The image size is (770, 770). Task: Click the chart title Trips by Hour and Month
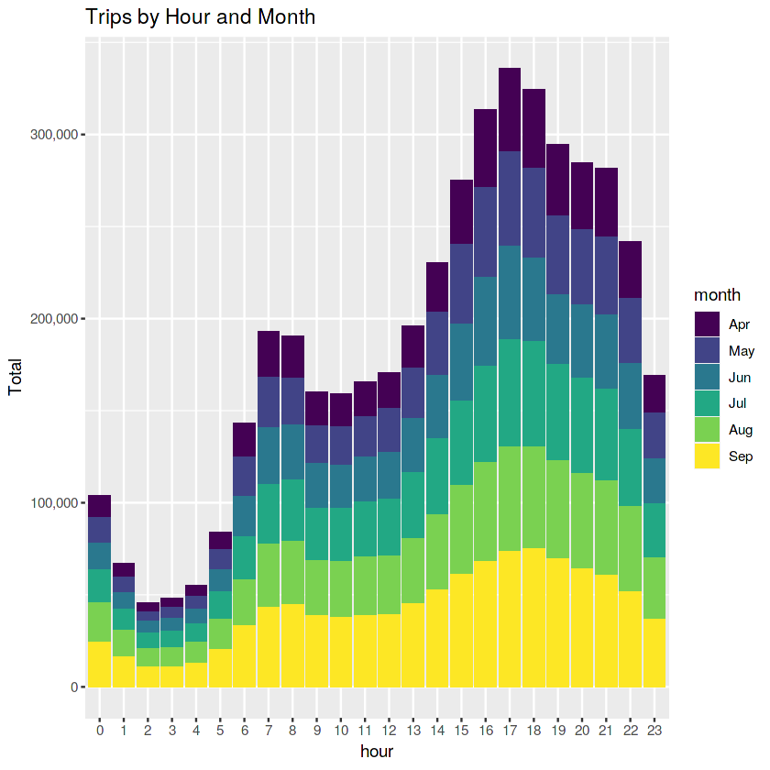(200, 16)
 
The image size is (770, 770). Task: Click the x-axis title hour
(377, 752)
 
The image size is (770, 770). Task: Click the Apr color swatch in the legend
(707, 324)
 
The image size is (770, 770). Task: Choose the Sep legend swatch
(707, 456)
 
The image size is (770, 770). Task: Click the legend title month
(718, 294)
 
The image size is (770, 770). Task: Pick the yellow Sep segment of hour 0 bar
(99, 665)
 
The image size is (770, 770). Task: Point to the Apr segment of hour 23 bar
(654, 394)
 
